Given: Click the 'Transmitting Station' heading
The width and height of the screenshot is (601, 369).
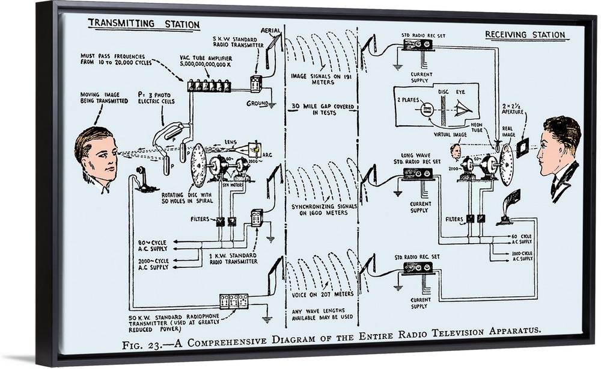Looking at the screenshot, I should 144,25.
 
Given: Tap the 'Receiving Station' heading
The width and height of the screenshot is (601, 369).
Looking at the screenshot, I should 526,35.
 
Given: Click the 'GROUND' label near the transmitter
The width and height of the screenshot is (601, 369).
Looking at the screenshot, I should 257,104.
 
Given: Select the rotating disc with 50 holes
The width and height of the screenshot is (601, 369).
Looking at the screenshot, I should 198,166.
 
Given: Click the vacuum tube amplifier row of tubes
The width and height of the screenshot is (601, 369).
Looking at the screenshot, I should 209,86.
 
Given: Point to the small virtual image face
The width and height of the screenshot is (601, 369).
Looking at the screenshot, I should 456,151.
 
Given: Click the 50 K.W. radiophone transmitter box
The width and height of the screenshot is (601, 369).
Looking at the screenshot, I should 234,300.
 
